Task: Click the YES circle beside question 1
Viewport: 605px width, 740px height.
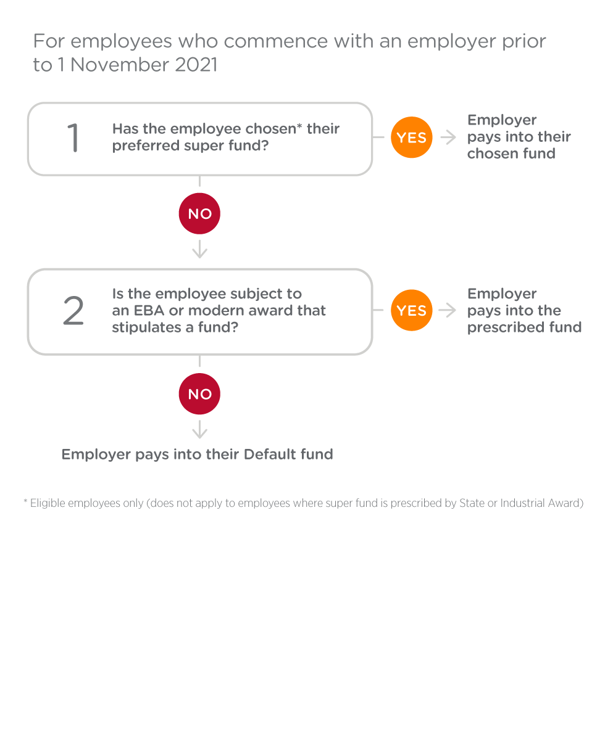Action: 411,137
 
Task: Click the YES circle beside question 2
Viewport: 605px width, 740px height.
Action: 411,310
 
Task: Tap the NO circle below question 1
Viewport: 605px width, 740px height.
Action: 199,213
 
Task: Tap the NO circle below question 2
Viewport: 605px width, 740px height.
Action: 199,393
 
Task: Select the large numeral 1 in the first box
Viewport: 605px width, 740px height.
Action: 73,138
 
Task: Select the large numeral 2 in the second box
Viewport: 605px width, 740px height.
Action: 73,310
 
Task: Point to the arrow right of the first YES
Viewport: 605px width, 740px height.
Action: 448,137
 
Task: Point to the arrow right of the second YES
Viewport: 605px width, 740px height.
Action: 448,310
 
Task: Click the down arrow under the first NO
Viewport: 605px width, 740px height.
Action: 199,249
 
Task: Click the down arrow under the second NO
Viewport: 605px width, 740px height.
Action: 199,429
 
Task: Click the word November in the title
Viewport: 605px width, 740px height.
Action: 119,65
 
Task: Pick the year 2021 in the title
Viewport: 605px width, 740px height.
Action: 196,65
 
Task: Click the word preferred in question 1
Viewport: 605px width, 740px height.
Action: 144,146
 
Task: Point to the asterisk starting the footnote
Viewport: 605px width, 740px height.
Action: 25,501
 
